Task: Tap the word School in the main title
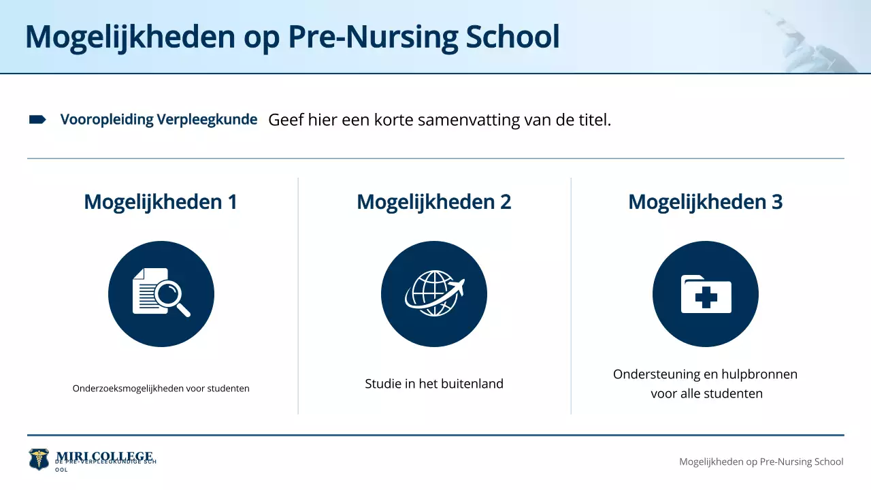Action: pos(512,37)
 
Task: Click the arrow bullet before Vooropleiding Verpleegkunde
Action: pos(37,120)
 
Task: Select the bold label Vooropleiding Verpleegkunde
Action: pos(159,120)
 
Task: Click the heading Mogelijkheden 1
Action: pos(161,202)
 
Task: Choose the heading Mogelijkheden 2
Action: pos(433,202)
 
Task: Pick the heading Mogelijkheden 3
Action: pos(705,202)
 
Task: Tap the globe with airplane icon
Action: pos(433,294)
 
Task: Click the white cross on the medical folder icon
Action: pos(706,298)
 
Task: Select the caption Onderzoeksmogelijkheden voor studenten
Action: pos(161,389)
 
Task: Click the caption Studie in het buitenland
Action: pos(434,384)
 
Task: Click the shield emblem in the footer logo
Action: pos(39,459)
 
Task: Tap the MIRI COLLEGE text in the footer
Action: pos(104,456)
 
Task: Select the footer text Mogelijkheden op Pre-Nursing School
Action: pos(761,461)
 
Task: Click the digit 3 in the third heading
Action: pos(776,202)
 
